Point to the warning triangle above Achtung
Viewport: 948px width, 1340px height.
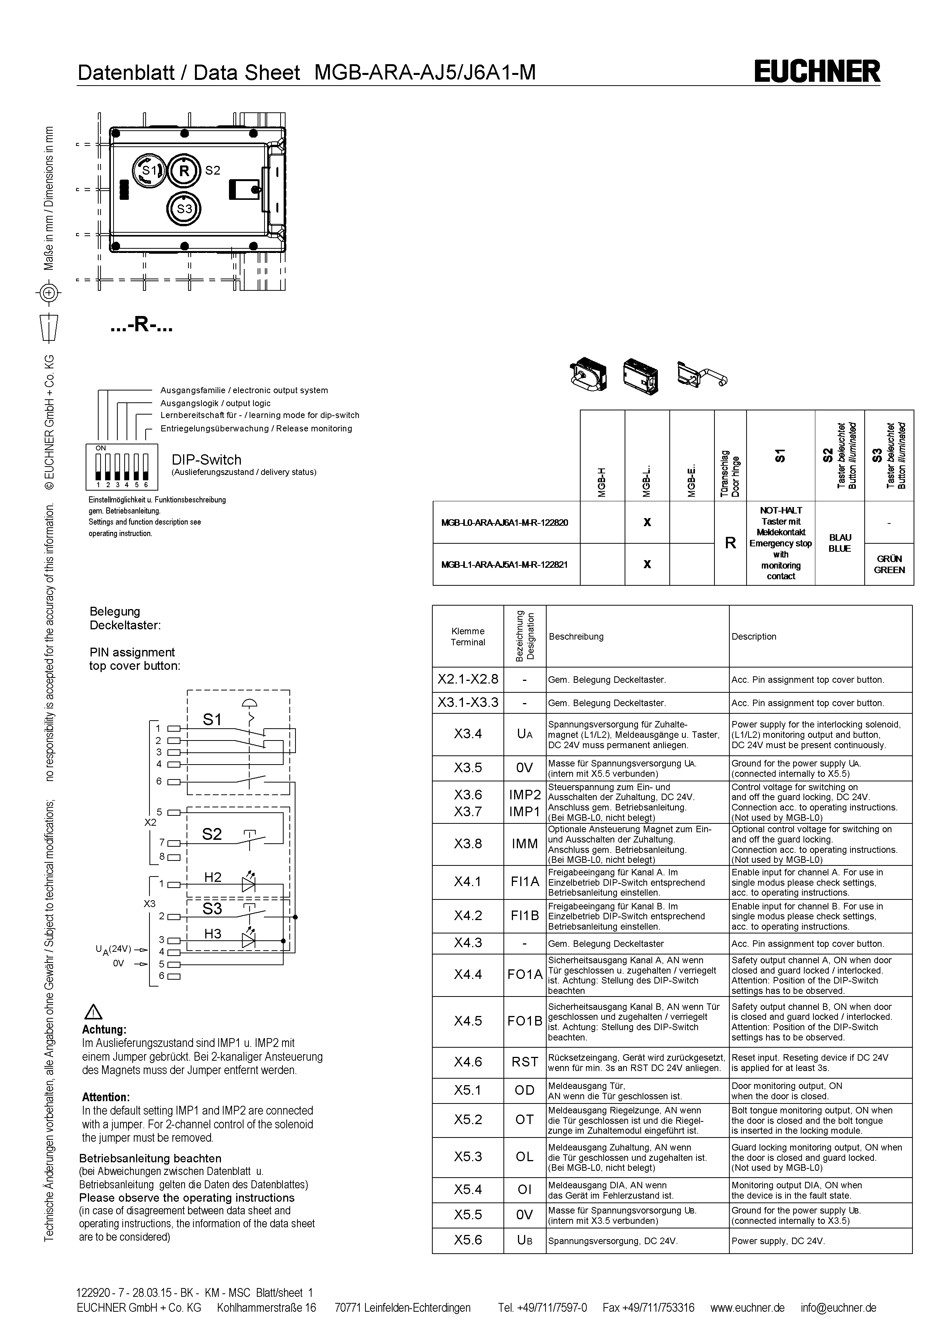point(93,1012)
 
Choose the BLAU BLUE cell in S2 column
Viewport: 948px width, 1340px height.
point(839,543)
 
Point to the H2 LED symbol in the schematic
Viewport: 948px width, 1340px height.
point(249,884)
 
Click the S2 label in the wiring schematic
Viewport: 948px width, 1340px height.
point(212,834)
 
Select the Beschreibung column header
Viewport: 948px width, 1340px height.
point(576,636)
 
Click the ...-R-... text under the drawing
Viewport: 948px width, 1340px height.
point(142,326)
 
